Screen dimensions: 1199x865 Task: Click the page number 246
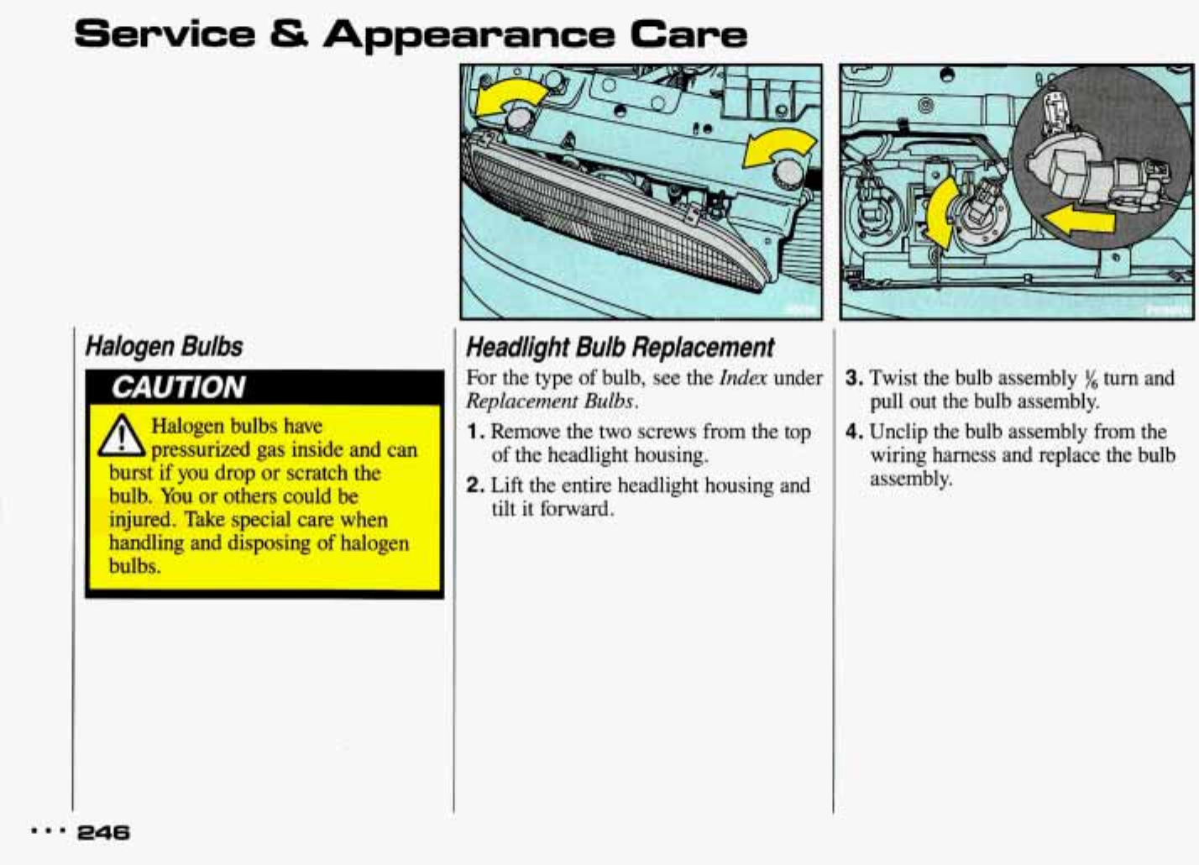tap(103, 832)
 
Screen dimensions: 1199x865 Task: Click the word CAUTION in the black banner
tap(178, 387)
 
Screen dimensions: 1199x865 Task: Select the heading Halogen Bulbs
tap(164, 346)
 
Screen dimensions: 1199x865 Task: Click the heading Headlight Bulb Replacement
tap(620, 347)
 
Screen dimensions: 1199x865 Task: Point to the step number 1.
tap(475, 432)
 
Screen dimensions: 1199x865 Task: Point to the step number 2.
tap(475, 485)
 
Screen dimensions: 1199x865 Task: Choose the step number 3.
tap(854, 378)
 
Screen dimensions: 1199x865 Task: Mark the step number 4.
tap(854, 432)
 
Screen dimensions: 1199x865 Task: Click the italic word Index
tap(743, 378)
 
